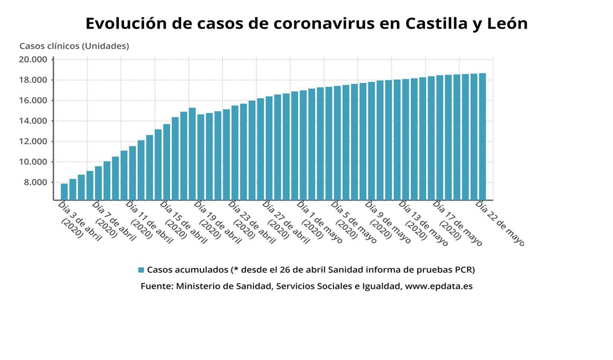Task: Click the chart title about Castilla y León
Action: [306, 23]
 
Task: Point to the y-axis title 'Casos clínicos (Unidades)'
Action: [74, 46]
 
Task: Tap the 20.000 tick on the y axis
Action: [33, 60]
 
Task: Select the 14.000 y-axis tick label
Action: [33, 121]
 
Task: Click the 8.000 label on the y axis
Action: [36, 182]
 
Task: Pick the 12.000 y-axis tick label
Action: [33, 141]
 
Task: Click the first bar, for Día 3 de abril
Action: [64, 191]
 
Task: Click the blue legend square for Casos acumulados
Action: [142, 270]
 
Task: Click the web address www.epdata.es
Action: [438, 286]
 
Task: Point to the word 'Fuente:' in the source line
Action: [156, 286]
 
